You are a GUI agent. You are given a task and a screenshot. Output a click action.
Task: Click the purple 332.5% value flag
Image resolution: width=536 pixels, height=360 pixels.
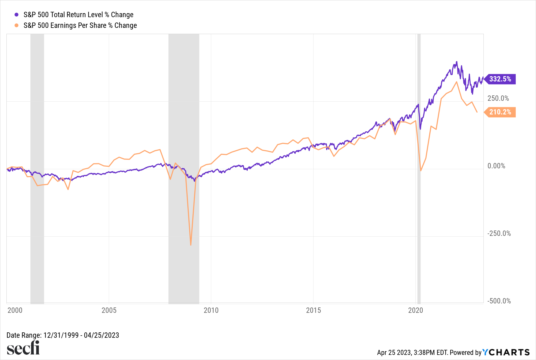500,79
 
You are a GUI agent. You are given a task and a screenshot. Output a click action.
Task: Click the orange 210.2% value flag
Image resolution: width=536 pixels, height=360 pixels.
500,112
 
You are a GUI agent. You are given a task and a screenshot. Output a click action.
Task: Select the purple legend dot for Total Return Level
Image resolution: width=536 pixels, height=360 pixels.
17,15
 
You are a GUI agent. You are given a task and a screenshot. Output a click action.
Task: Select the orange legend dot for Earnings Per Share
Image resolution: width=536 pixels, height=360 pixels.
17,25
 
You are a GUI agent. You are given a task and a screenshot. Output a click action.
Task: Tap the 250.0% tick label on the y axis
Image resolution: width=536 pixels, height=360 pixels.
498,98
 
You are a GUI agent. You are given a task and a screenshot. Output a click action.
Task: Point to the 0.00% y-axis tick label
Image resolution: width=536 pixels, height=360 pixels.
496,166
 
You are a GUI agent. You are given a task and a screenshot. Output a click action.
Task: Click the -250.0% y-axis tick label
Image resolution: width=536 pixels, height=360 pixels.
499,233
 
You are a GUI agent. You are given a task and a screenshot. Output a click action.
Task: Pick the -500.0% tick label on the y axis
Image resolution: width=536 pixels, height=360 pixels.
499,301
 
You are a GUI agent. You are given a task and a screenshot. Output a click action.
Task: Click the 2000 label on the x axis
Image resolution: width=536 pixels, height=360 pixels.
15,310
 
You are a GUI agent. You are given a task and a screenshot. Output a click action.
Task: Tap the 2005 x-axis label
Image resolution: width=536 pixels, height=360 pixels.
109,310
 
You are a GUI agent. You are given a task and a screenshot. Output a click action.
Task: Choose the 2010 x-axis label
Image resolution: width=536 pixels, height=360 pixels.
211,310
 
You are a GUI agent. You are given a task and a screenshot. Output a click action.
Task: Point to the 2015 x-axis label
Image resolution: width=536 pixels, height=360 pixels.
313,310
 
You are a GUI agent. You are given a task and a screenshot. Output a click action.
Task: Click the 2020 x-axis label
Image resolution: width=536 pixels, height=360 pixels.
415,310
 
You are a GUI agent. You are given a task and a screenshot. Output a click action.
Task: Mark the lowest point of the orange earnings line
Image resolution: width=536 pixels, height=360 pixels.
191,245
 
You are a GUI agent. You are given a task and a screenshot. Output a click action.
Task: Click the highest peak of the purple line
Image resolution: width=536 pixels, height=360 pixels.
457,62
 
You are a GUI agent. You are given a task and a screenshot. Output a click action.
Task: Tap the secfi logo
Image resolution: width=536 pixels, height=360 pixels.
23,348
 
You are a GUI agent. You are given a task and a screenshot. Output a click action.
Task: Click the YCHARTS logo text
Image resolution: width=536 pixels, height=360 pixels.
506,352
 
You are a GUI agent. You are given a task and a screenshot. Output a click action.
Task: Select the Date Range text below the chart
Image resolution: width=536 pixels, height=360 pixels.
63,335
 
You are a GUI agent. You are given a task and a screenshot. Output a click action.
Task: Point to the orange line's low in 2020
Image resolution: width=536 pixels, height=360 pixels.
421,170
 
